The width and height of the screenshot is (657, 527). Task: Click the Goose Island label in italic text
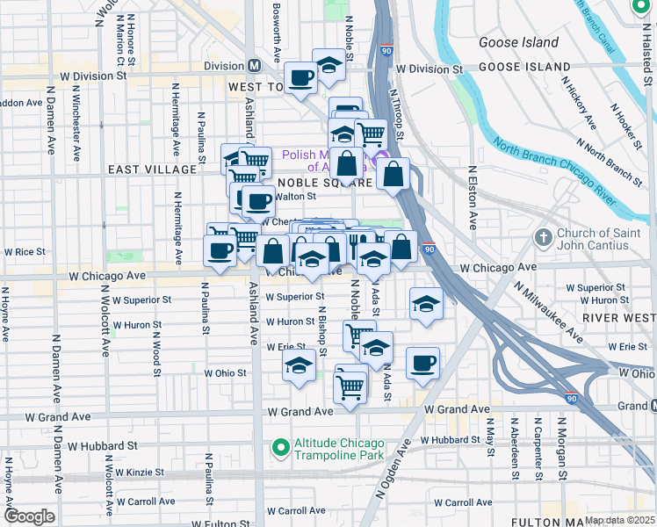click(518, 42)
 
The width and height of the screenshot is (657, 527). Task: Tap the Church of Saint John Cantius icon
click(544, 237)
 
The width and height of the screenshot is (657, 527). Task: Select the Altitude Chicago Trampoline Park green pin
click(281, 448)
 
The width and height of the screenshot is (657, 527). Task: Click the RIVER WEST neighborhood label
click(617, 316)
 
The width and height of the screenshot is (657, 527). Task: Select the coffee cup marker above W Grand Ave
click(423, 363)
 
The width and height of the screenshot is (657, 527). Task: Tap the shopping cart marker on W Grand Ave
click(350, 386)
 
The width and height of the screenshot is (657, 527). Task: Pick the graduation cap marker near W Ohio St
click(300, 366)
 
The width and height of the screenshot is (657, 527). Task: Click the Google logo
click(29, 516)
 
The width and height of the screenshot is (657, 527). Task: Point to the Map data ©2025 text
click(619, 520)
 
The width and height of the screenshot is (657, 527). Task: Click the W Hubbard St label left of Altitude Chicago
click(105, 445)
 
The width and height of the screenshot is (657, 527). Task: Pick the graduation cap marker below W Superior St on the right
click(426, 304)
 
